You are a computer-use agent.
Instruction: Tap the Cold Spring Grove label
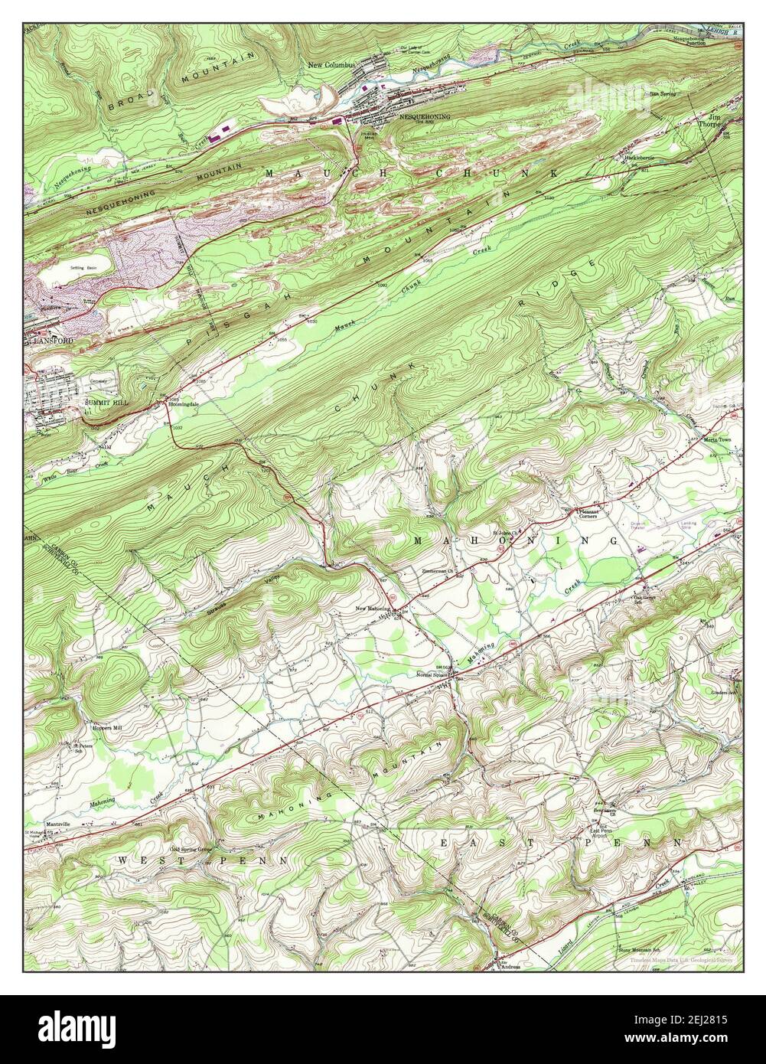tap(191, 849)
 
